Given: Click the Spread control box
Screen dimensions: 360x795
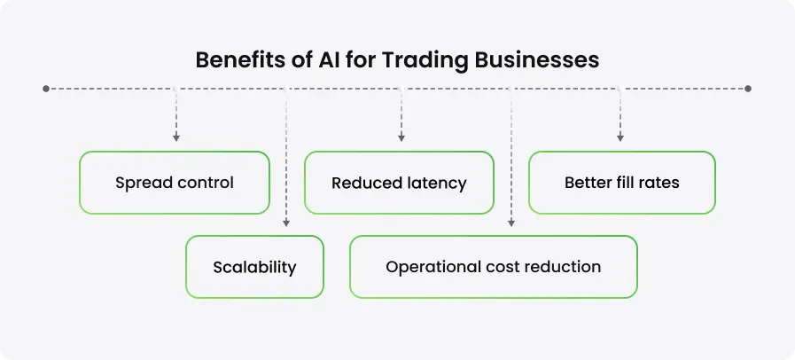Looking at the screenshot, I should coord(174,183).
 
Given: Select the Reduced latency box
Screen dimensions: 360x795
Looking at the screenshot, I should coord(399,183).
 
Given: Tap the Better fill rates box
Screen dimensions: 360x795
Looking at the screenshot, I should coord(621,183).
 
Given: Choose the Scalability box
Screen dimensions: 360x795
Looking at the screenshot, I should coord(254,266).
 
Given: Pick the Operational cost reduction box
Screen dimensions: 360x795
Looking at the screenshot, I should coord(493,266).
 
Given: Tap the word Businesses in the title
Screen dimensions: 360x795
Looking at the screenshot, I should coord(530,60).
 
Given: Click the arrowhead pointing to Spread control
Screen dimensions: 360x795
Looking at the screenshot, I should coord(176,137).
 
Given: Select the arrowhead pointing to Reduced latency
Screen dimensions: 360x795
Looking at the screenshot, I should coord(401,137).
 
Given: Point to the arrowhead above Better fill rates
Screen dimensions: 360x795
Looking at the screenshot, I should coord(620,137).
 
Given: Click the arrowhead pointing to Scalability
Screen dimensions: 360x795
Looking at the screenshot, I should coord(285,223).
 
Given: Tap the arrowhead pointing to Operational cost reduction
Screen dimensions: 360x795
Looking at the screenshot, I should coord(511,223).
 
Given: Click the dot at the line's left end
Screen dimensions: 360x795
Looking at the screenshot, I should coord(45,89).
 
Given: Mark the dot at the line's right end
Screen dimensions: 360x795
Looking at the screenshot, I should coord(749,89).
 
